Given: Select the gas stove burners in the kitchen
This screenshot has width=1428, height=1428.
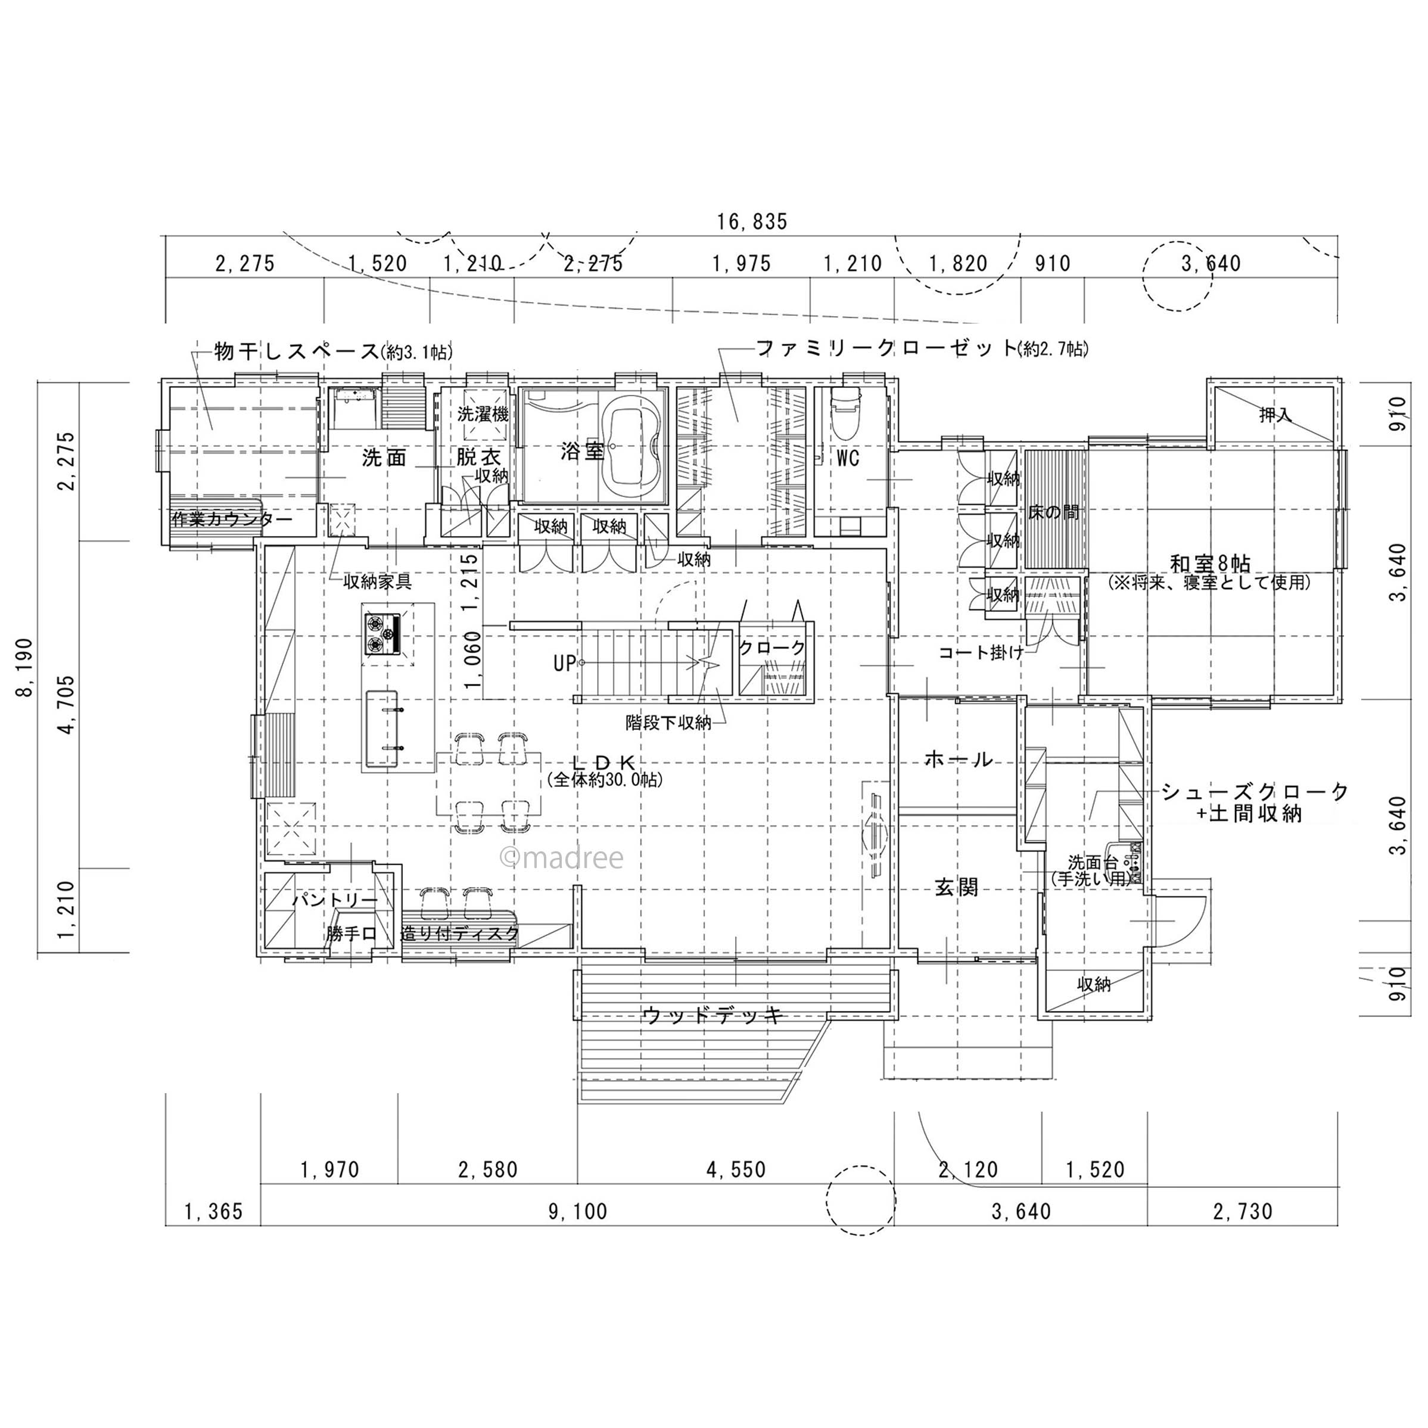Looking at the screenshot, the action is tap(382, 634).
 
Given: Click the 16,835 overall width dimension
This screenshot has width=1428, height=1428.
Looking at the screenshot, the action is tap(752, 221).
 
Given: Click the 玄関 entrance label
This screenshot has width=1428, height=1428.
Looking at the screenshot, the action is tap(956, 887).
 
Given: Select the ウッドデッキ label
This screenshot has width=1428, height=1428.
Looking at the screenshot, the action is tap(713, 1015).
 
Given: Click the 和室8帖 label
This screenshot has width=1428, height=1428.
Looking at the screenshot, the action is tap(1211, 563).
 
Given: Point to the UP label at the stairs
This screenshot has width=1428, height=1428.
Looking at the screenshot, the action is tap(564, 663).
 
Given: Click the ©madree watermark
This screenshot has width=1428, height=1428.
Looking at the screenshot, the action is tap(562, 857).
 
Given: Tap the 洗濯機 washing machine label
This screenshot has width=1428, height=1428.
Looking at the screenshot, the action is tap(483, 414).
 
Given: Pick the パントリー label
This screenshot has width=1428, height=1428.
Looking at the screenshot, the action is tap(335, 900).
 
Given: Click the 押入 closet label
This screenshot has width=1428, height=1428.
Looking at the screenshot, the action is tap(1275, 415).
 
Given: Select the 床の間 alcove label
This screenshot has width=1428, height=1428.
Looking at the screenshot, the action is tap(1053, 512).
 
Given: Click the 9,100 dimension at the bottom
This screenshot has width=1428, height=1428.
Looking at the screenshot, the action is tap(577, 1211).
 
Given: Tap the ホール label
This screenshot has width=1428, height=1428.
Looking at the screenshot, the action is tap(958, 759).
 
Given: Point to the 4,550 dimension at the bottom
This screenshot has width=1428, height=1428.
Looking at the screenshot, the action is tap(736, 1169).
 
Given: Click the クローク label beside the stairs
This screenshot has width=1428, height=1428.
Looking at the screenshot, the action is tap(773, 648).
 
